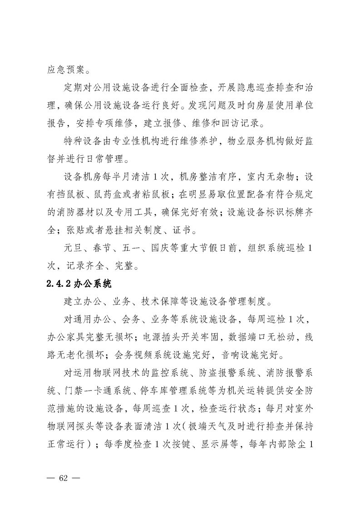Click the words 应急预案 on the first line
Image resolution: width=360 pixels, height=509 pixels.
pyautogui.click(x=63, y=70)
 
